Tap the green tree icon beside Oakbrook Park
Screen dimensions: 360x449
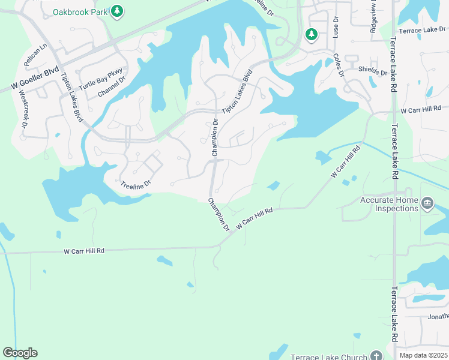coord(117,11)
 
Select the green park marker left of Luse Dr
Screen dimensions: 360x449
coord(311,34)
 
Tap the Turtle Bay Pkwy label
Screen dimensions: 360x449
coord(100,79)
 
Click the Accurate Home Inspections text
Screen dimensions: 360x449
coord(388,204)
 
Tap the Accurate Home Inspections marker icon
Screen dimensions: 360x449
coord(427,203)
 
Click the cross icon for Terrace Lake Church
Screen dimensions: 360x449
coord(376,355)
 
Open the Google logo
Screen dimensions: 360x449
coord(20,353)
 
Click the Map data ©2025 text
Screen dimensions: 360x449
coord(423,355)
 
